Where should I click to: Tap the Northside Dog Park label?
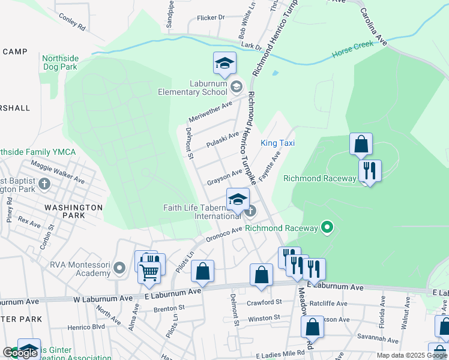click(x=59, y=63)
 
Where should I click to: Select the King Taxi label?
click(x=277, y=143)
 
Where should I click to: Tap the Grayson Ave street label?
click(x=224, y=176)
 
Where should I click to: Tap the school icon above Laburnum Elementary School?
click(x=224, y=64)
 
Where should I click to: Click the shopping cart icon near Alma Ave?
click(x=149, y=272)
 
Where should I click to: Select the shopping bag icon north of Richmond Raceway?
click(x=361, y=145)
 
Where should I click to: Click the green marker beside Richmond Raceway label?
click(x=327, y=227)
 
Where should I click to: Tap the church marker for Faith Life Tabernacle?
click(x=250, y=211)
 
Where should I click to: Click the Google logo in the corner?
click(x=20, y=353)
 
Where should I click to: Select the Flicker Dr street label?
click(x=210, y=17)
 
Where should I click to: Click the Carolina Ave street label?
click(x=374, y=27)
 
